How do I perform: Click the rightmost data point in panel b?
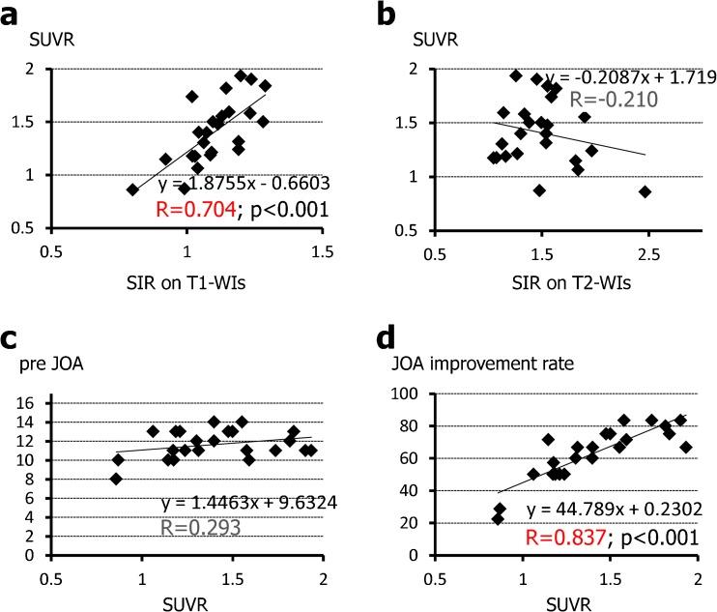(645, 192)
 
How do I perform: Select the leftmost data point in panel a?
(132, 189)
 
